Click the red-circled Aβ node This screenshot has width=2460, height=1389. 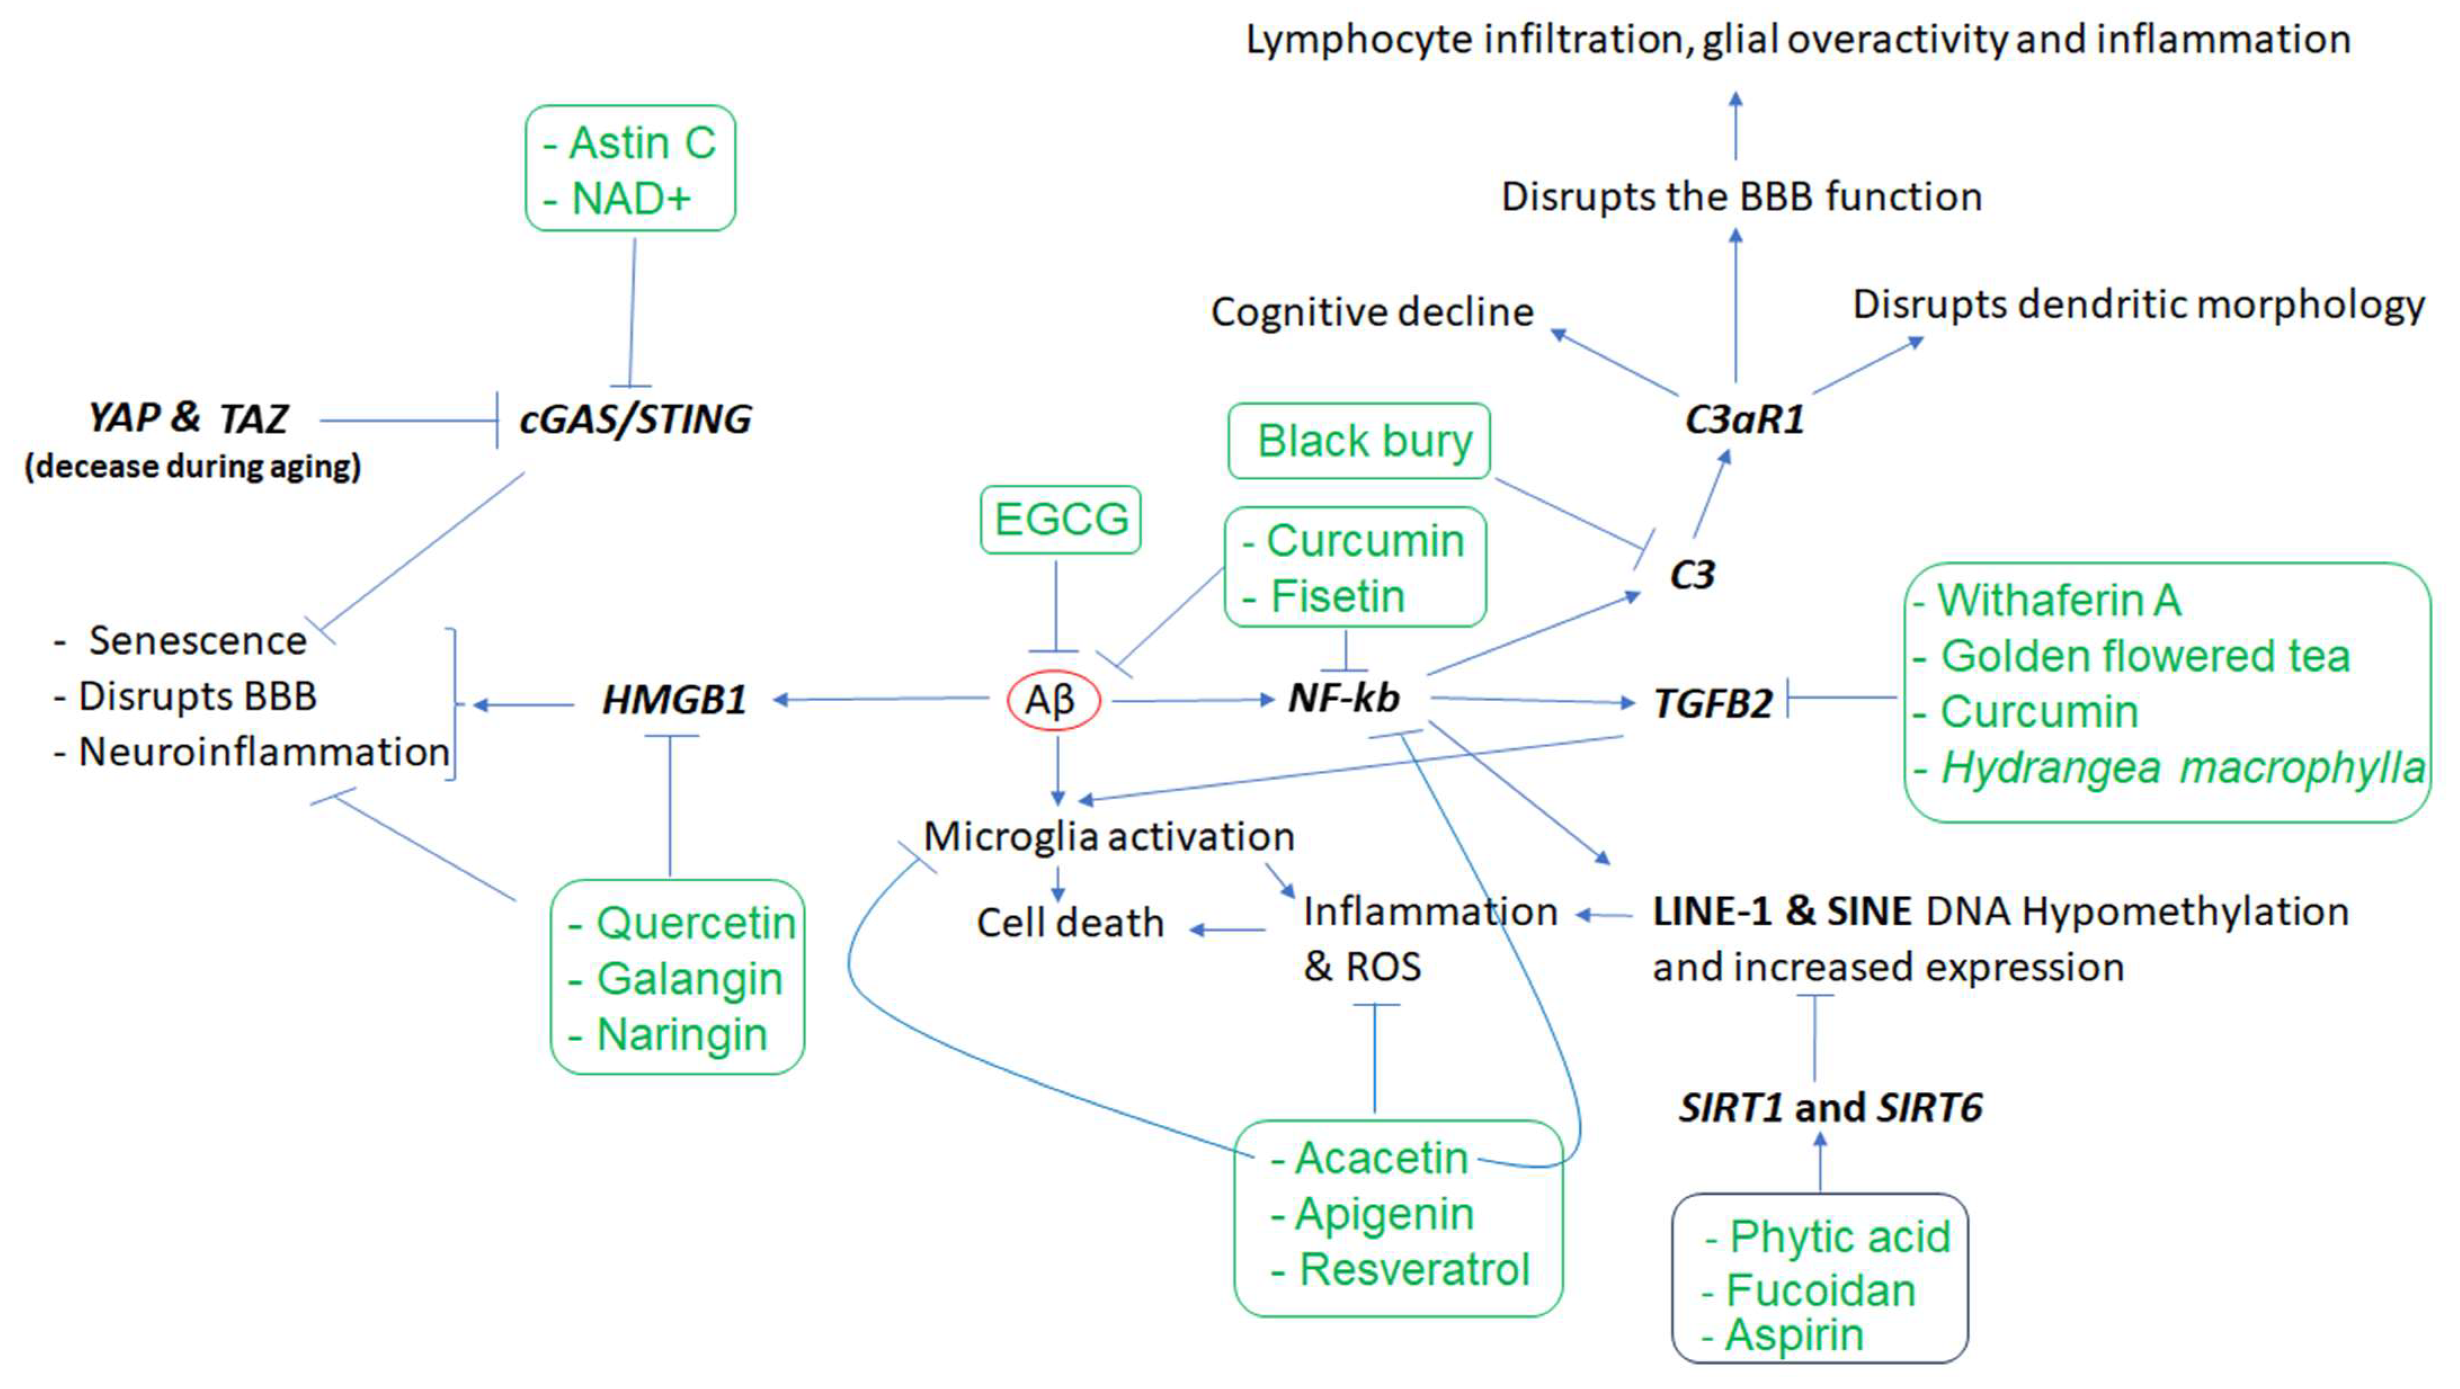[x=1053, y=701]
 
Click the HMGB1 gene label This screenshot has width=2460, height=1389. [x=674, y=701]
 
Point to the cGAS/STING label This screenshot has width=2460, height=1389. [x=635, y=419]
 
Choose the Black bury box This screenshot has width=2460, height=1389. [x=1359, y=441]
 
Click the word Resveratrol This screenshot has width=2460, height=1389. [x=1414, y=1270]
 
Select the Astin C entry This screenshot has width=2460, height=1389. [x=641, y=143]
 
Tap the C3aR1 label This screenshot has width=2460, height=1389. [x=1744, y=419]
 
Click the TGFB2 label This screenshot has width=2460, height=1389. [x=1712, y=704]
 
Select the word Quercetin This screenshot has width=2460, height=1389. [x=695, y=923]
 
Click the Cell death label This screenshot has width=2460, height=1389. [x=1069, y=923]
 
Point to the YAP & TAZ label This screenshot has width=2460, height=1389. [x=188, y=418]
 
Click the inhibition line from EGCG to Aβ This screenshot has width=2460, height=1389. [x=1055, y=606]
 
